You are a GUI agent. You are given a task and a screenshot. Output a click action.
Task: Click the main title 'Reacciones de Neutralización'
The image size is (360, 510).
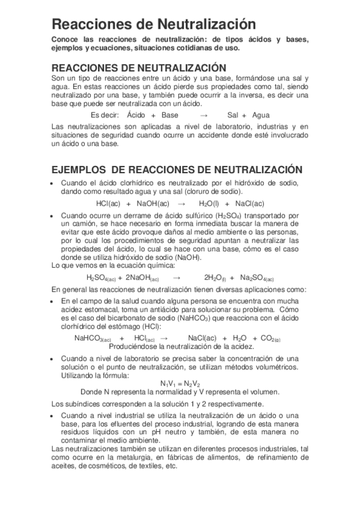pos(150,24)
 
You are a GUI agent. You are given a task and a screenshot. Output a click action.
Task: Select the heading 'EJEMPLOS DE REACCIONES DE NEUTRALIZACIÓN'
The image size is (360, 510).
pos(177,170)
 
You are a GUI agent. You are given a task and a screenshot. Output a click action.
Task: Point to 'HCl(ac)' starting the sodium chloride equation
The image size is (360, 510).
pos(108,203)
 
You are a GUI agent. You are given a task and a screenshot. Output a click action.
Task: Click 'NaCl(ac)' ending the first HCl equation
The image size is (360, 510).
pos(250,203)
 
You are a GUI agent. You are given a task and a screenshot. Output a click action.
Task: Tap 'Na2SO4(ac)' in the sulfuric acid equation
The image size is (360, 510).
pos(257,278)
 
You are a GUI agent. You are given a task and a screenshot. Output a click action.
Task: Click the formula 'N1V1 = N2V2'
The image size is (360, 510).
pos(180,383)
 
